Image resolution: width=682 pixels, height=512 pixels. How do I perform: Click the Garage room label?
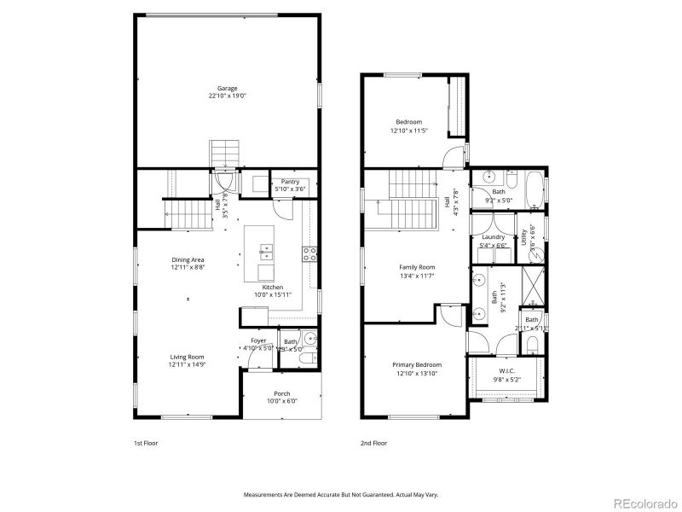227,88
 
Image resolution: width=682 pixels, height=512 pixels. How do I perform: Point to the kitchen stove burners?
309,253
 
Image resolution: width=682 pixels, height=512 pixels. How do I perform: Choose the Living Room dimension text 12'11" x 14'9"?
187,364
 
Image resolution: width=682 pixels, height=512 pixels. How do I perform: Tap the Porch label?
281,393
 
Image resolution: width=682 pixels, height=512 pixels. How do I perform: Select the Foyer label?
257,340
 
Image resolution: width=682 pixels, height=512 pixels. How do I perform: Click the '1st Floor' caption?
146,443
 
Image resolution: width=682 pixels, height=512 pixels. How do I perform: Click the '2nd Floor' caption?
374,443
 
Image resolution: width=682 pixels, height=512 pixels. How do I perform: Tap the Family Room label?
417,267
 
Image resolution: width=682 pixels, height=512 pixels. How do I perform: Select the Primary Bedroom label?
417,365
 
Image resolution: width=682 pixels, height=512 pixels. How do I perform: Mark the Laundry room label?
493,237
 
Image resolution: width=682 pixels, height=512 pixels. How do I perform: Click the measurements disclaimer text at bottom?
341,495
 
